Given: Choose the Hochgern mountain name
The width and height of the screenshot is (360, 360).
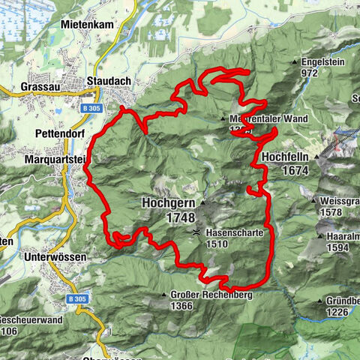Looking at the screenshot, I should coord(168,202).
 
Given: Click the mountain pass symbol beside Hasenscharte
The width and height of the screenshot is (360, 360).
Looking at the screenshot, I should coord(196,232).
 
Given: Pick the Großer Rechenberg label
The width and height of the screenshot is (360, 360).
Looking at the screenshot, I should coord(211,294).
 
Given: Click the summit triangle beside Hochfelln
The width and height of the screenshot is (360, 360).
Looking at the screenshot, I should coord(317,157).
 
